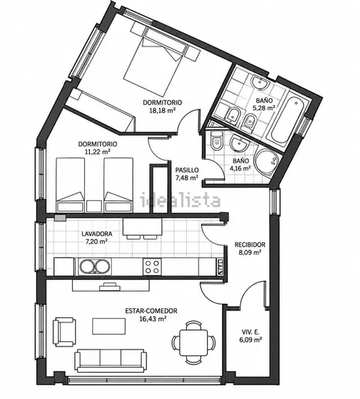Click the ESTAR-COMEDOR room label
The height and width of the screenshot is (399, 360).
151,310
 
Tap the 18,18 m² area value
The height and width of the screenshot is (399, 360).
163,110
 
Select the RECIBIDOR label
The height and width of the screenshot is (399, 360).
250,244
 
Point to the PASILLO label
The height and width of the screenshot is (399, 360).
187,170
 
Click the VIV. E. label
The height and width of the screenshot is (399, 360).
250,331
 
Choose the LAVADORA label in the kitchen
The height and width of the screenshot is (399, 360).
97,233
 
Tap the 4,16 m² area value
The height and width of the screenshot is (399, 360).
241,168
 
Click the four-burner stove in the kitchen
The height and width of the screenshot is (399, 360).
152,266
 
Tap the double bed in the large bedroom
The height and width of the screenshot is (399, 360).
151,64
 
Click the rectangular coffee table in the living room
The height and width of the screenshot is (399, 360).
109,326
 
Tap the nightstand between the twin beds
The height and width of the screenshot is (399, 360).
94,206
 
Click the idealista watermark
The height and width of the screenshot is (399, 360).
180,200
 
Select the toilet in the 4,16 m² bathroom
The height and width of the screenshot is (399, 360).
217,142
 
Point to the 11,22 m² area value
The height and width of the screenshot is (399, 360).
97,151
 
